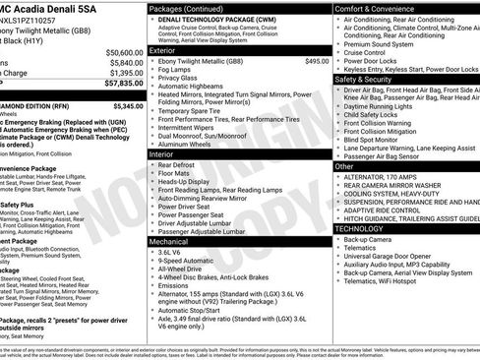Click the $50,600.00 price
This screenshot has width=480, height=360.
[118, 51]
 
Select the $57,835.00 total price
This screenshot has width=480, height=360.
[118, 86]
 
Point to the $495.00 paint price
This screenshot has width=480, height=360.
[317, 61]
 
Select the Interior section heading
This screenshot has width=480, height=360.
[161, 154]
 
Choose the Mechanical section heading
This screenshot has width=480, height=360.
[168, 240]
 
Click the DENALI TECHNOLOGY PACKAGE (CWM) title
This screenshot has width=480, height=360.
[217, 19]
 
